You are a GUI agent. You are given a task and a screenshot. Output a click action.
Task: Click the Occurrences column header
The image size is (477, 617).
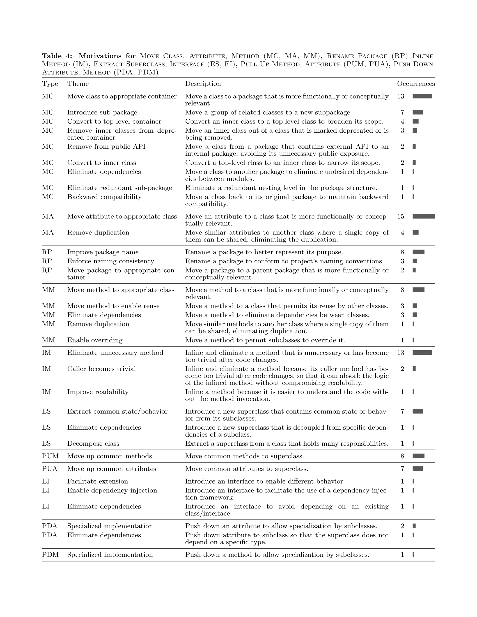click(x=416, y=84)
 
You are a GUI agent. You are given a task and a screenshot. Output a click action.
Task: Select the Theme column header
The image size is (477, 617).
click(x=78, y=84)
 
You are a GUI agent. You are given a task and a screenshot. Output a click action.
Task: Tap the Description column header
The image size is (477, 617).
click(x=203, y=84)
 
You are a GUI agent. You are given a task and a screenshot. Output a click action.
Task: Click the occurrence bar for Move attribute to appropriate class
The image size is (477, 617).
click(x=423, y=217)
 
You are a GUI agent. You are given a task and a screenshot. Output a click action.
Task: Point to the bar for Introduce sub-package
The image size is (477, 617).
click(x=418, y=112)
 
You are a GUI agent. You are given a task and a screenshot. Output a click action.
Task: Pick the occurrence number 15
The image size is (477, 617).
click(x=401, y=217)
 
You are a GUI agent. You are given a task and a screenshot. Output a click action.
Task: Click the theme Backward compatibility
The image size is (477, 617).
click(x=104, y=197)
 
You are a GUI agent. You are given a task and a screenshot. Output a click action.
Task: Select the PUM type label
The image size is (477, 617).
click(x=50, y=456)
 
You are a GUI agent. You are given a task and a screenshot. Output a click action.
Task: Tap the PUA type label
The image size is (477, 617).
click(x=50, y=469)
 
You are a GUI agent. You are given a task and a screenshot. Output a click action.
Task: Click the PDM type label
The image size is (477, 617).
click(x=50, y=555)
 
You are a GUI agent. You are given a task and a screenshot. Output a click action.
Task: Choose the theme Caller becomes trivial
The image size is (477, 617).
click(x=102, y=369)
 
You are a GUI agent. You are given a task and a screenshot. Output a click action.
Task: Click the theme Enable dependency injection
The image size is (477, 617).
click(x=112, y=491)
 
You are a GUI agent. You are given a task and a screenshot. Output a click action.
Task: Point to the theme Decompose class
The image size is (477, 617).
click(x=93, y=444)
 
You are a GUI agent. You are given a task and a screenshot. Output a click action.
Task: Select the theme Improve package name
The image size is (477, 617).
click(x=103, y=252)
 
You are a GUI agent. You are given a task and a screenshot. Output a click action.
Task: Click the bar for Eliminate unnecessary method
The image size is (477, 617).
click(x=422, y=353)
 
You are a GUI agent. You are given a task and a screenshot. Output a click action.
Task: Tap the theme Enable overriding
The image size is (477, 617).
click(x=95, y=340)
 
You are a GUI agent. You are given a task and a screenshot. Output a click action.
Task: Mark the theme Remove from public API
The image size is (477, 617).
click(x=106, y=147)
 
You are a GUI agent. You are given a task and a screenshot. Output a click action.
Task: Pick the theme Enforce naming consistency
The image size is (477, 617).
click(x=111, y=261)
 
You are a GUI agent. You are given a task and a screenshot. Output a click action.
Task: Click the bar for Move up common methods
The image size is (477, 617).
click(x=418, y=456)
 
